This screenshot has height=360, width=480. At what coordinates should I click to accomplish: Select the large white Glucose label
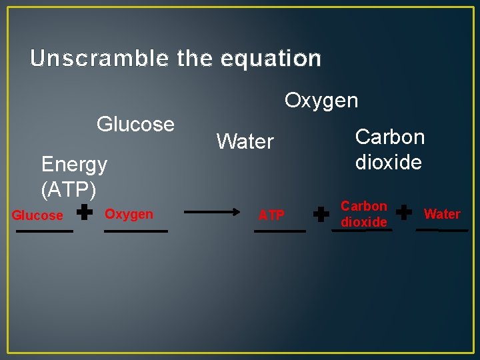[135, 124]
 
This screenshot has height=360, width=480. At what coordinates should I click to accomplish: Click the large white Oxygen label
[321, 101]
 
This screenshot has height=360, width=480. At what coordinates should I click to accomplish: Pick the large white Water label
[245, 141]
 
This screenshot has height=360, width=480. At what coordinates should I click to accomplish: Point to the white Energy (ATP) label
[74, 177]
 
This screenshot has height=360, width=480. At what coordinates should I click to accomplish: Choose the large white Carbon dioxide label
[390, 149]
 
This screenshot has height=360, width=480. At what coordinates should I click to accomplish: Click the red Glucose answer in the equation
[37, 215]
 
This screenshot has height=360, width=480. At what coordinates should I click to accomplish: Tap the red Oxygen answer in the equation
[129, 214]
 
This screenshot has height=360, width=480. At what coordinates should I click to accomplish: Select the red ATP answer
[271, 215]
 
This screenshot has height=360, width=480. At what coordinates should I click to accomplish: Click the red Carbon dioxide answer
[364, 214]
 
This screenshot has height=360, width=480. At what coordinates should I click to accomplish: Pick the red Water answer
[442, 214]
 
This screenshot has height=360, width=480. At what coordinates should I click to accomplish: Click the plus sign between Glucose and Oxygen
[84, 212]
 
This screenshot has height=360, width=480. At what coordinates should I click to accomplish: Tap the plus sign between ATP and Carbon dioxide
[321, 214]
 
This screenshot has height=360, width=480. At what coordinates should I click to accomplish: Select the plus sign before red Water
[404, 212]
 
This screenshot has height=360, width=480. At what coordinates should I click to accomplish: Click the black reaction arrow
[212, 212]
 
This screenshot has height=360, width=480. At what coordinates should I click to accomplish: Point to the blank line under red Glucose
[45, 231]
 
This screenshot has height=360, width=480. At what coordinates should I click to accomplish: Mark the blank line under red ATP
[280, 231]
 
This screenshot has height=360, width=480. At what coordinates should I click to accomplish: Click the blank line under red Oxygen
[136, 231]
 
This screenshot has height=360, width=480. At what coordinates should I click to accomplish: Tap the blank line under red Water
[442, 230]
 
